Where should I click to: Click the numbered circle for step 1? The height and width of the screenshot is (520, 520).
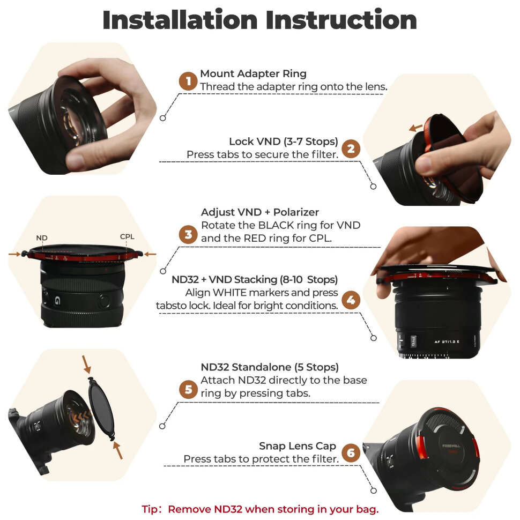(188, 81)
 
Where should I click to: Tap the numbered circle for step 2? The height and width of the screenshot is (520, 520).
(351, 148)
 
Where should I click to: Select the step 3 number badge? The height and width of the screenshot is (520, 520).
(188, 234)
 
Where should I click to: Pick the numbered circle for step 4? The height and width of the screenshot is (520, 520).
(351, 300)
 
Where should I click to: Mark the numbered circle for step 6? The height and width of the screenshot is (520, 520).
(351, 453)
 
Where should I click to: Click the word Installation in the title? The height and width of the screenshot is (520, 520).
(179, 20)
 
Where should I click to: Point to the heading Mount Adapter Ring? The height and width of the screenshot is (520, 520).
(253, 73)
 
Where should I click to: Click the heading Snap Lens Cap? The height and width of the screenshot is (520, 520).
(298, 446)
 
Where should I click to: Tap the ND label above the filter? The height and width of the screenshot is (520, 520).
(42, 237)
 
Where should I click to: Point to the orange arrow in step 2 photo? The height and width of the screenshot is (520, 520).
(414, 128)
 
